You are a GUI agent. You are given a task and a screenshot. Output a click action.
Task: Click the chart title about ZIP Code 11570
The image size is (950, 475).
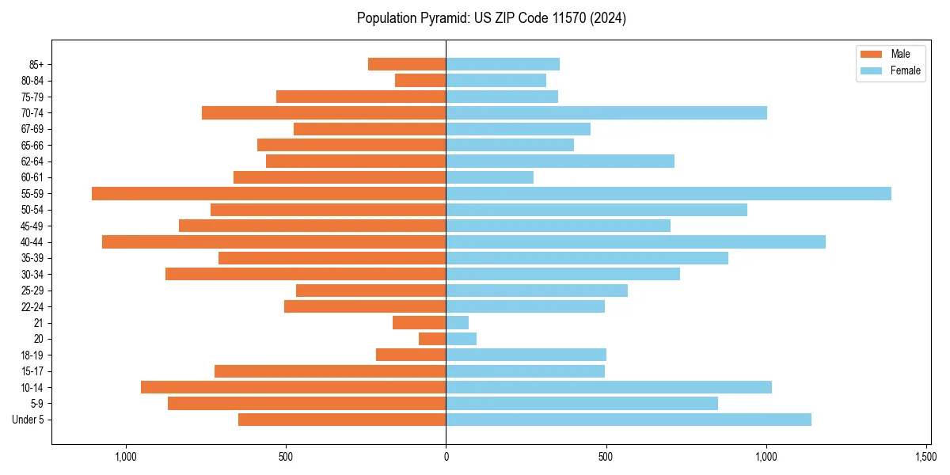tap(492, 18)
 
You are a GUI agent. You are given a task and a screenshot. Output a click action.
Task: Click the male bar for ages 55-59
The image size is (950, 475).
tap(268, 193)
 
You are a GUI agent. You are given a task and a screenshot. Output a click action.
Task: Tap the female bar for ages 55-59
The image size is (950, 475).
tap(668, 193)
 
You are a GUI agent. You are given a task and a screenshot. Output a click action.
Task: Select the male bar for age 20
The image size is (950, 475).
tap(432, 339)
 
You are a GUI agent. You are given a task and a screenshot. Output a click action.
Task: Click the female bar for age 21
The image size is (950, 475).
tap(458, 322)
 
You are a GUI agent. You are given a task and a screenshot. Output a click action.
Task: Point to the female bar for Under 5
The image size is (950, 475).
tap(629, 420)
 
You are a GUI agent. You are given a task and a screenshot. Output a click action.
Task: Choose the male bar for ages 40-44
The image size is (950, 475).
tap(274, 241)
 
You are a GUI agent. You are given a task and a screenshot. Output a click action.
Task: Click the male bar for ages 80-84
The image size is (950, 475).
tap(420, 80)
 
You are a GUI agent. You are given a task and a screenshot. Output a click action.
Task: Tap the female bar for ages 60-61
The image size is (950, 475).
tap(490, 177)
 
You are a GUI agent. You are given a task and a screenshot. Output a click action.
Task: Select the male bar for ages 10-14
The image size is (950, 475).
tap(293, 387)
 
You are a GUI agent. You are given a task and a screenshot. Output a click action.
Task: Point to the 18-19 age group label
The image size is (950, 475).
tap(32, 355)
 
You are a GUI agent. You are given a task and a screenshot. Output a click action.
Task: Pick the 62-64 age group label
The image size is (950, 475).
tap(32, 161)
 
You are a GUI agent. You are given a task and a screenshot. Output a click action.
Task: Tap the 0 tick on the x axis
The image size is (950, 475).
tap(446, 457)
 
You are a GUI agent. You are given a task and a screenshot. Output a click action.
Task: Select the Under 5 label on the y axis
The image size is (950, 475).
tap(28, 420)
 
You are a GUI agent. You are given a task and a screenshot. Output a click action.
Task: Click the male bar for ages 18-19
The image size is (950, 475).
tap(411, 355)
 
